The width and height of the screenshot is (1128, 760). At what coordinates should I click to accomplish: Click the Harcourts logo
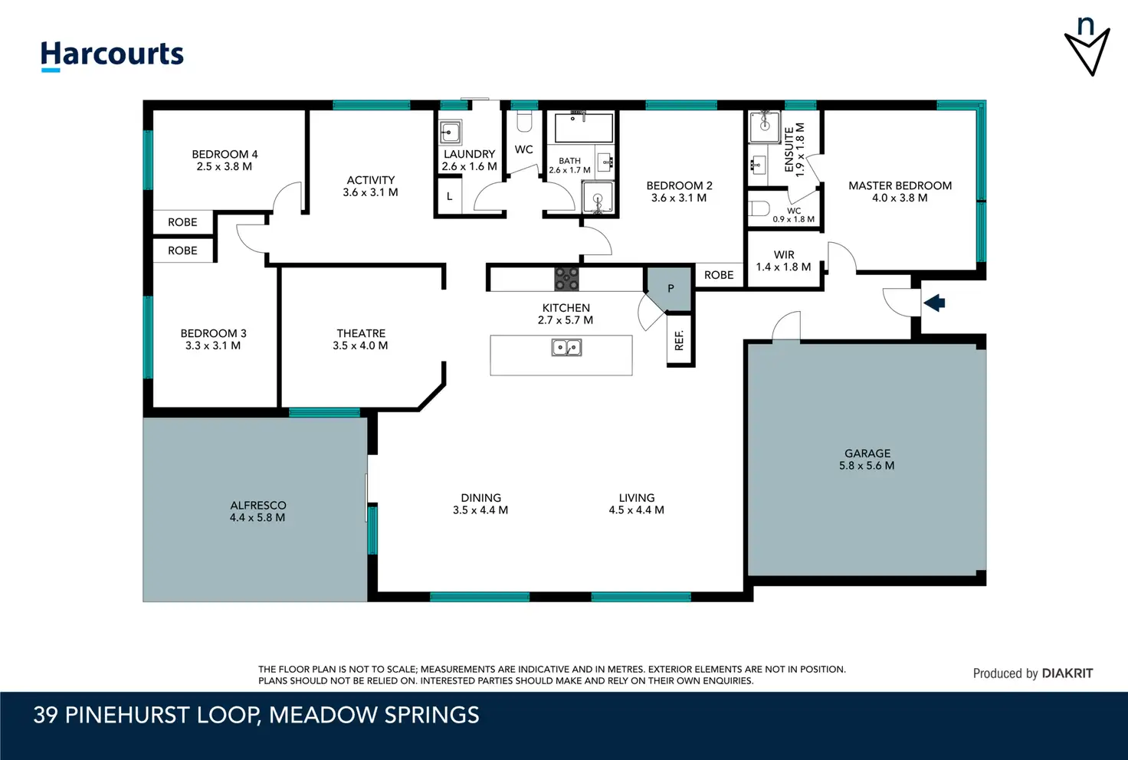(x=112, y=56)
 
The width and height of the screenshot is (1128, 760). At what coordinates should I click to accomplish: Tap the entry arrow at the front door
(x=934, y=303)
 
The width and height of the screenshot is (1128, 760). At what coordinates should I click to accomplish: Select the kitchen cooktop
(x=566, y=279)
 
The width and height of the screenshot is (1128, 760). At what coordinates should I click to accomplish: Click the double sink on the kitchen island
(x=566, y=347)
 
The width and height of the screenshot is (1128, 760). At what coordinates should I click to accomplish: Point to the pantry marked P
(x=669, y=290)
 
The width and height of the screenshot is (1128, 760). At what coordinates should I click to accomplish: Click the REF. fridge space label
(x=679, y=340)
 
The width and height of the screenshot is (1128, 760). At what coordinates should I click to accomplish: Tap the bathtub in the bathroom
(x=584, y=128)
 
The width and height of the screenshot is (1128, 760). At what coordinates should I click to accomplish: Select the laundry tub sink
(x=450, y=133)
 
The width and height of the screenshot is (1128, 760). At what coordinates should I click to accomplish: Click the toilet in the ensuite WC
(x=759, y=208)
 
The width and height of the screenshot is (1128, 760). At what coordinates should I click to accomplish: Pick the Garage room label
(x=867, y=453)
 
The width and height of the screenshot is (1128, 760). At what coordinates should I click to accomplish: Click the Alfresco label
(x=257, y=505)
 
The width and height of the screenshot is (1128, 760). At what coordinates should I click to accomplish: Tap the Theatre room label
(x=361, y=333)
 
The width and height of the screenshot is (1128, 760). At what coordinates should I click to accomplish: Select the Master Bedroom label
(x=900, y=185)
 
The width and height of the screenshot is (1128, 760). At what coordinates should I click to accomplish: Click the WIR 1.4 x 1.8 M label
(x=784, y=260)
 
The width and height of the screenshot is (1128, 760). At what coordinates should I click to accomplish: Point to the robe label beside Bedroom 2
(x=719, y=275)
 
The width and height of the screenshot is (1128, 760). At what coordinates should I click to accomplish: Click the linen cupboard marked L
(x=450, y=196)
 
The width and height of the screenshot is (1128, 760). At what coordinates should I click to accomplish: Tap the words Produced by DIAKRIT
(x=1032, y=673)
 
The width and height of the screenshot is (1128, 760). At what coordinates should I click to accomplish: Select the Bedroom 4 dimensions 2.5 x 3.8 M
(x=224, y=166)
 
